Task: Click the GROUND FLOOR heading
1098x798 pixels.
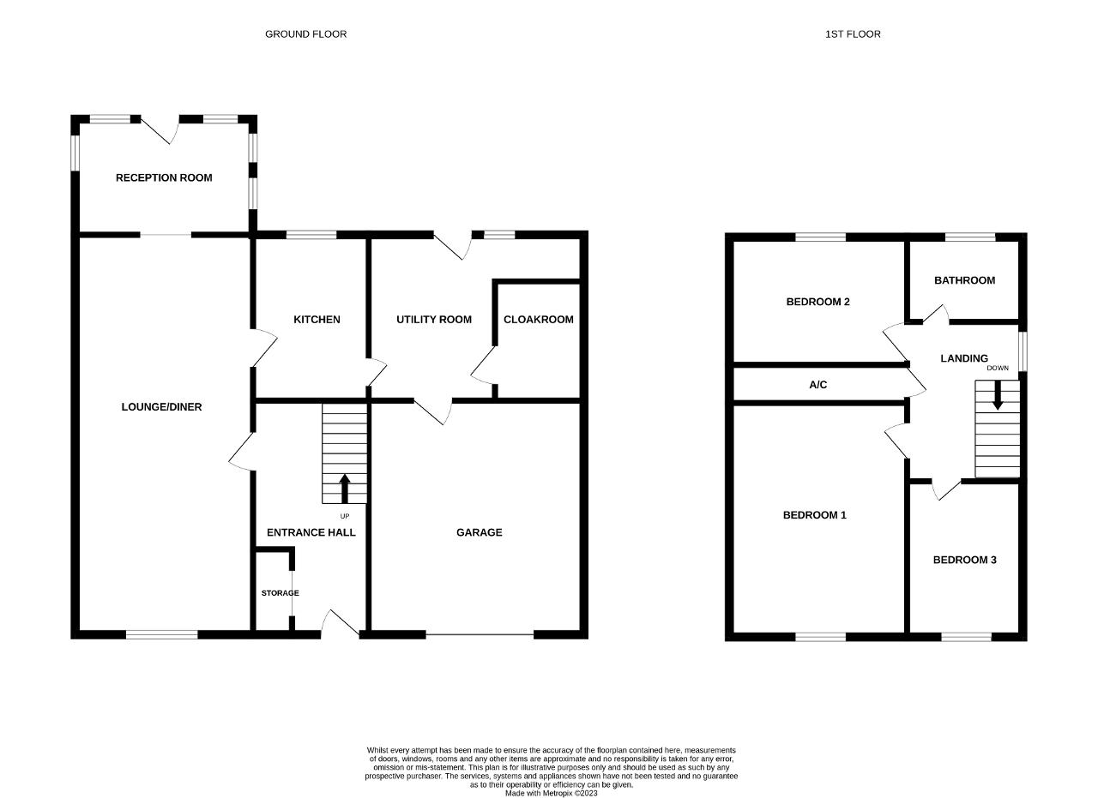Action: click(305, 34)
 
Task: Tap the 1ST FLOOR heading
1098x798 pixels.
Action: click(853, 34)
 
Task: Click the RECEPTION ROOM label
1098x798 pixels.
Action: click(164, 177)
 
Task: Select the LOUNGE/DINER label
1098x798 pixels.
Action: click(161, 407)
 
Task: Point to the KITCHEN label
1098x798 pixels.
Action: click(317, 320)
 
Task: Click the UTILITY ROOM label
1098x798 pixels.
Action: click(434, 320)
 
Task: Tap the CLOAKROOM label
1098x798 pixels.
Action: click(538, 320)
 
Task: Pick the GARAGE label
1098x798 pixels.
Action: click(479, 532)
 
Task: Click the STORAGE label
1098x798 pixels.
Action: click(280, 593)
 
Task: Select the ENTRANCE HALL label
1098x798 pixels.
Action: click(311, 532)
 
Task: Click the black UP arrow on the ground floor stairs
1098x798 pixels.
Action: click(345, 489)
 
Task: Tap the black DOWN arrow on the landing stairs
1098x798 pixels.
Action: click(997, 395)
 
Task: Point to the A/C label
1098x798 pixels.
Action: click(817, 385)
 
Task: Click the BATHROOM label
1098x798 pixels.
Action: click(964, 280)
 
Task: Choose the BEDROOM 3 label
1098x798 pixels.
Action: click(964, 560)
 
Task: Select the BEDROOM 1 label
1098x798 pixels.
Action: click(814, 515)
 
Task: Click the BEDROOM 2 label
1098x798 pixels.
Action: click(817, 303)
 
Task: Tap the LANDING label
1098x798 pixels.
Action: click(963, 358)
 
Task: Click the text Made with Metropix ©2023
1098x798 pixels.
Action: click(551, 793)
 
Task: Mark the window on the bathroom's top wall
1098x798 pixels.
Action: click(970, 237)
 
